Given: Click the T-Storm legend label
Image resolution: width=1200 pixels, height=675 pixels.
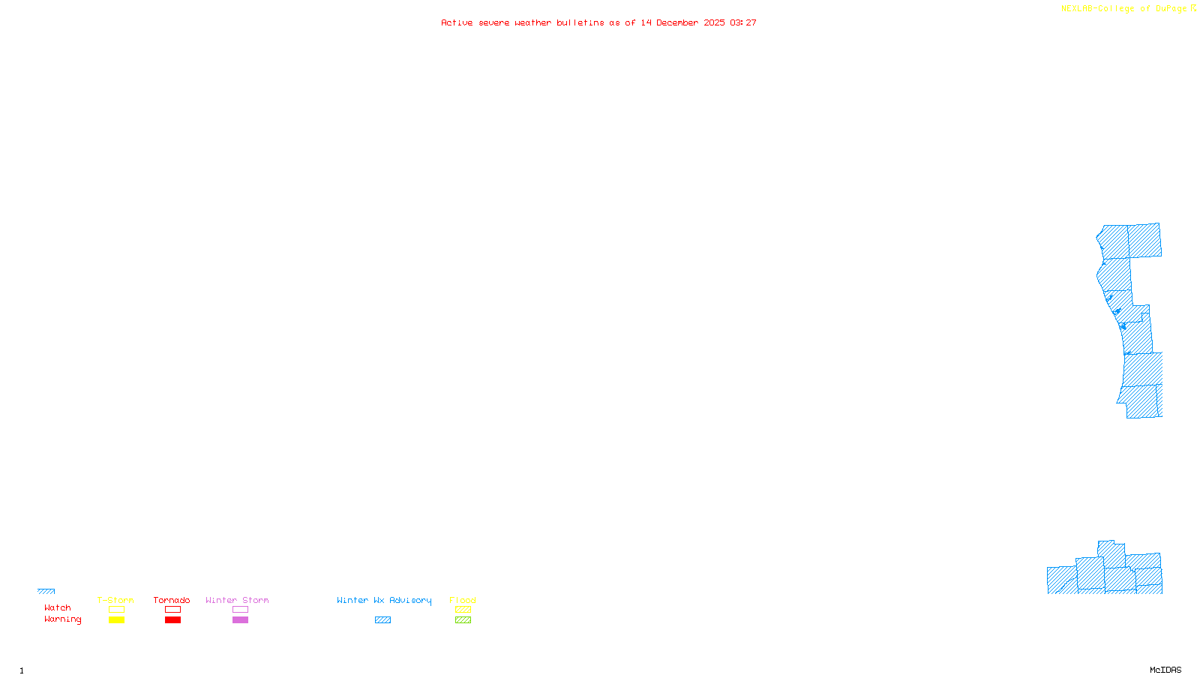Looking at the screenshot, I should (115, 600).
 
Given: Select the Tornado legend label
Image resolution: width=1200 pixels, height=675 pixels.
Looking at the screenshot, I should (172, 600).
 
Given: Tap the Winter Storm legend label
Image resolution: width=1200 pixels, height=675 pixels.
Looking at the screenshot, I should (237, 600).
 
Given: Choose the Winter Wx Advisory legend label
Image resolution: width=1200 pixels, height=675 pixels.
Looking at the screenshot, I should (384, 600).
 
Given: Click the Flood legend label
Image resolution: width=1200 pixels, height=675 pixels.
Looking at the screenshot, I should (463, 600).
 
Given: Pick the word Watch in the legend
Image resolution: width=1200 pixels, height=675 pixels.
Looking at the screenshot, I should (58, 608).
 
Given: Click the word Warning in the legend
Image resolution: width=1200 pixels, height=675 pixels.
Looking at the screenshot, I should (63, 619).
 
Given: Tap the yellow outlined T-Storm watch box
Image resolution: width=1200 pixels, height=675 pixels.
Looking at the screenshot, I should (116, 610).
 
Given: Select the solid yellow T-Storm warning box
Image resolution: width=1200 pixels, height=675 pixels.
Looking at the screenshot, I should (116, 620).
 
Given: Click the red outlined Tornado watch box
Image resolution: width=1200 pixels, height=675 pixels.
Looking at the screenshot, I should (172, 610).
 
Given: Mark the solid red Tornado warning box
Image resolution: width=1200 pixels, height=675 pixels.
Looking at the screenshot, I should (172, 620).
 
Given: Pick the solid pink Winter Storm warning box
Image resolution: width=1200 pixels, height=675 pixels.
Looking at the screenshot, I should (240, 620).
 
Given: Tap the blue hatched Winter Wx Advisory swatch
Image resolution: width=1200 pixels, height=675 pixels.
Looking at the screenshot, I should (382, 620).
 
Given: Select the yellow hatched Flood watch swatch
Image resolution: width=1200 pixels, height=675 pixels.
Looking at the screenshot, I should (463, 610).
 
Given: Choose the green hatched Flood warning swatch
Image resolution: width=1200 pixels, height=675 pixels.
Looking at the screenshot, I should (463, 620).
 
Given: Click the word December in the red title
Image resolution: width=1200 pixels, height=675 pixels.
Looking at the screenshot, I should (677, 23).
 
